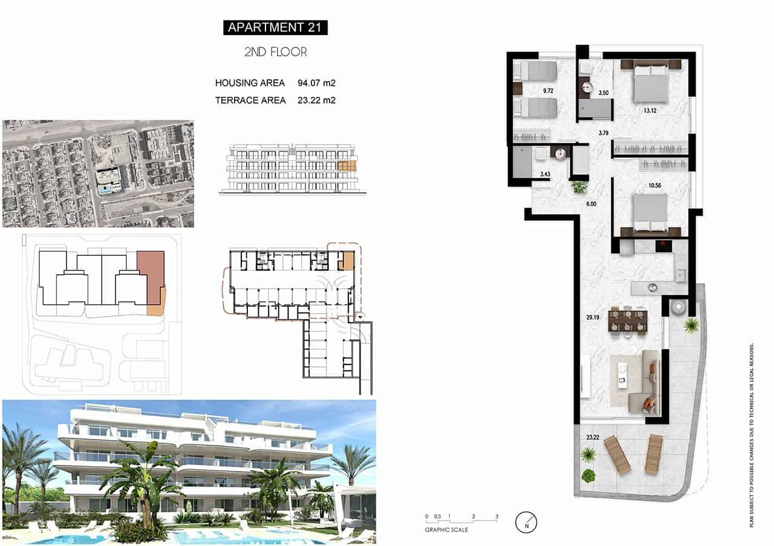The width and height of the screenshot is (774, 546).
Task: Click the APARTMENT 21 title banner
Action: pyautogui.click(x=275, y=27)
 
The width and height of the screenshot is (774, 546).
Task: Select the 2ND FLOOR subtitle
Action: pyautogui.click(x=275, y=52)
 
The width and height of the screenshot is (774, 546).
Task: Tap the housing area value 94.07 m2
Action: pyautogui.click(x=316, y=83)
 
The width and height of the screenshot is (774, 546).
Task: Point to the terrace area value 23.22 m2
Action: pyautogui.click(x=316, y=100)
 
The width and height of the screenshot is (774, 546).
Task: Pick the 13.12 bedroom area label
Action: pyautogui.click(x=651, y=111)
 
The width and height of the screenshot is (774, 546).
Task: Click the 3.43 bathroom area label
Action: pyautogui.click(x=545, y=174)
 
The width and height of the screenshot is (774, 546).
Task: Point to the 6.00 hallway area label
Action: pyautogui.click(x=591, y=204)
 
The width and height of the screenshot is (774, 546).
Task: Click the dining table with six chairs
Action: pyautogui.click(x=628, y=320)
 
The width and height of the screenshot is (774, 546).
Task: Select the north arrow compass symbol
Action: pyautogui.click(x=526, y=522)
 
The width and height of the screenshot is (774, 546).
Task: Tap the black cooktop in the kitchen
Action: pyautogui.click(x=664, y=246)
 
